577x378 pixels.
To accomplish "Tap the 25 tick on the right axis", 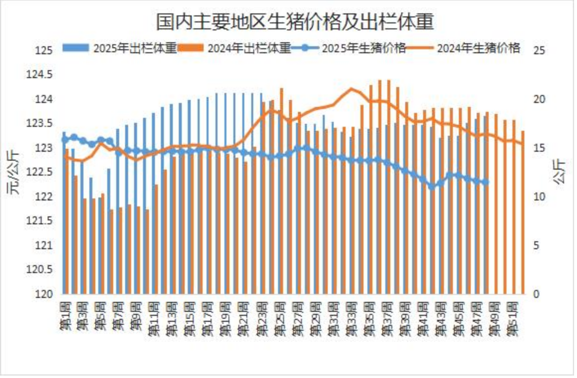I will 539,50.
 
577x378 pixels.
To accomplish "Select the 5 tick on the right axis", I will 537,245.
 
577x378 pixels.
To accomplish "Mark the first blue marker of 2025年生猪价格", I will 65,140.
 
